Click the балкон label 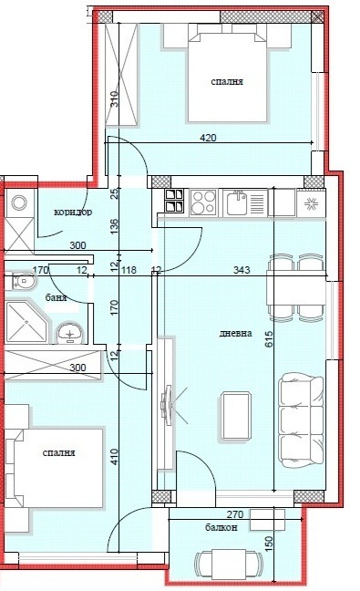[221, 528]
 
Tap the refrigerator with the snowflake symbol [311, 202]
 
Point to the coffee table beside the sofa [237, 416]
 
